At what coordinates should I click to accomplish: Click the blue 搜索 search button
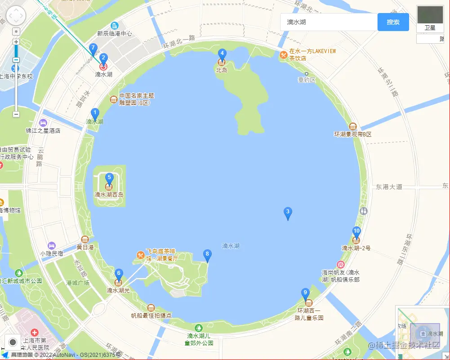tap(393, 22)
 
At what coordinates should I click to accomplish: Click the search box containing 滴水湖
tap(329, 22)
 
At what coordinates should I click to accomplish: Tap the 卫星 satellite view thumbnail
tap(430, 18)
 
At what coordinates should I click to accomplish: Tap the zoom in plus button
tap(16, 42)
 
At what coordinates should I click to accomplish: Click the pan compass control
tap(16, 16)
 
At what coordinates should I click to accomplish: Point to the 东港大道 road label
tap(389, 186)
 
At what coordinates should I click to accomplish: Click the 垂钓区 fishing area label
tap(307, 80)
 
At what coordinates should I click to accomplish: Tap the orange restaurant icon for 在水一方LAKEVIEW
tap(283, 55)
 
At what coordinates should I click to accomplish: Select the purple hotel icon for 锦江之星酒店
tap(43, 122)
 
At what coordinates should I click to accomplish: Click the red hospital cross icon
tap(34, 332)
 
